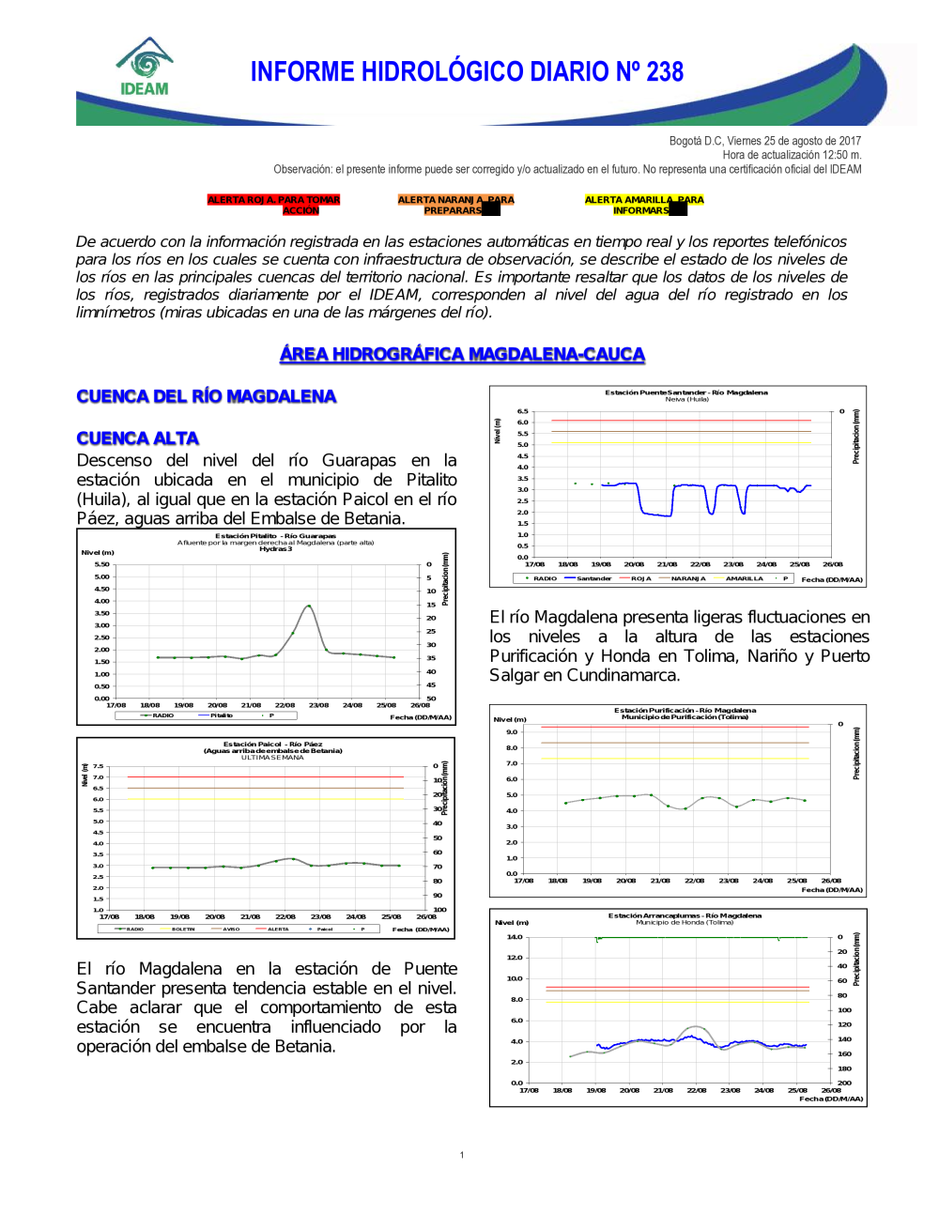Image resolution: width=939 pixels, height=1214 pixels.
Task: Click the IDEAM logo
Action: (145, 68)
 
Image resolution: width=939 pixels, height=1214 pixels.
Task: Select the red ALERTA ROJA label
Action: (273, 205)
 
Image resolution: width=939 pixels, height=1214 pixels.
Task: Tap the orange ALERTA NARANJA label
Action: (455, 205)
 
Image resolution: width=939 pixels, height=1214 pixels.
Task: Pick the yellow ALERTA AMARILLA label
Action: (643, 205)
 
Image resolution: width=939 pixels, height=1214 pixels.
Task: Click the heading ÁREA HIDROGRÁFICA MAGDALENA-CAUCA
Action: (462, 354)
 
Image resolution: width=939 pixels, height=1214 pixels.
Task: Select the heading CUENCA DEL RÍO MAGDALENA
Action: (206, 396)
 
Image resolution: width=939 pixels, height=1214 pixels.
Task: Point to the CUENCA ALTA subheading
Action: (137, 438)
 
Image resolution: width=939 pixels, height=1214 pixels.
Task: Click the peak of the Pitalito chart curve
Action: (308, 607)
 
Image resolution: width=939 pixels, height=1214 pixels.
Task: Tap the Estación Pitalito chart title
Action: (275, 536)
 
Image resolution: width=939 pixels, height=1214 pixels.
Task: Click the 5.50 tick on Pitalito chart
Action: (101, 564)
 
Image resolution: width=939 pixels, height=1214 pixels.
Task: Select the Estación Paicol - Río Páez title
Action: (272, 745)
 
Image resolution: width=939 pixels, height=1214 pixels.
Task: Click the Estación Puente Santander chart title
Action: (685, 392)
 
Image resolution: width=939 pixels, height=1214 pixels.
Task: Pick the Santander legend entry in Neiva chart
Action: (593, 578)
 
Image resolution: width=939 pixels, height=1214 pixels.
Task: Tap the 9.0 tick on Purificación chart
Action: (512, 731)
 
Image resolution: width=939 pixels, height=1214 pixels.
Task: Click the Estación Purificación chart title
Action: (685, 711)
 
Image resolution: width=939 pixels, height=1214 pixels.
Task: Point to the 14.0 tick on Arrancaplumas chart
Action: (515, 937)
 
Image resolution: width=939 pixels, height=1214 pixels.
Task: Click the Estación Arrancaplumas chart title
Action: (685, 915)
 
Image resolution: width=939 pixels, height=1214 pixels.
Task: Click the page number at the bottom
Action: (462, 1155)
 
